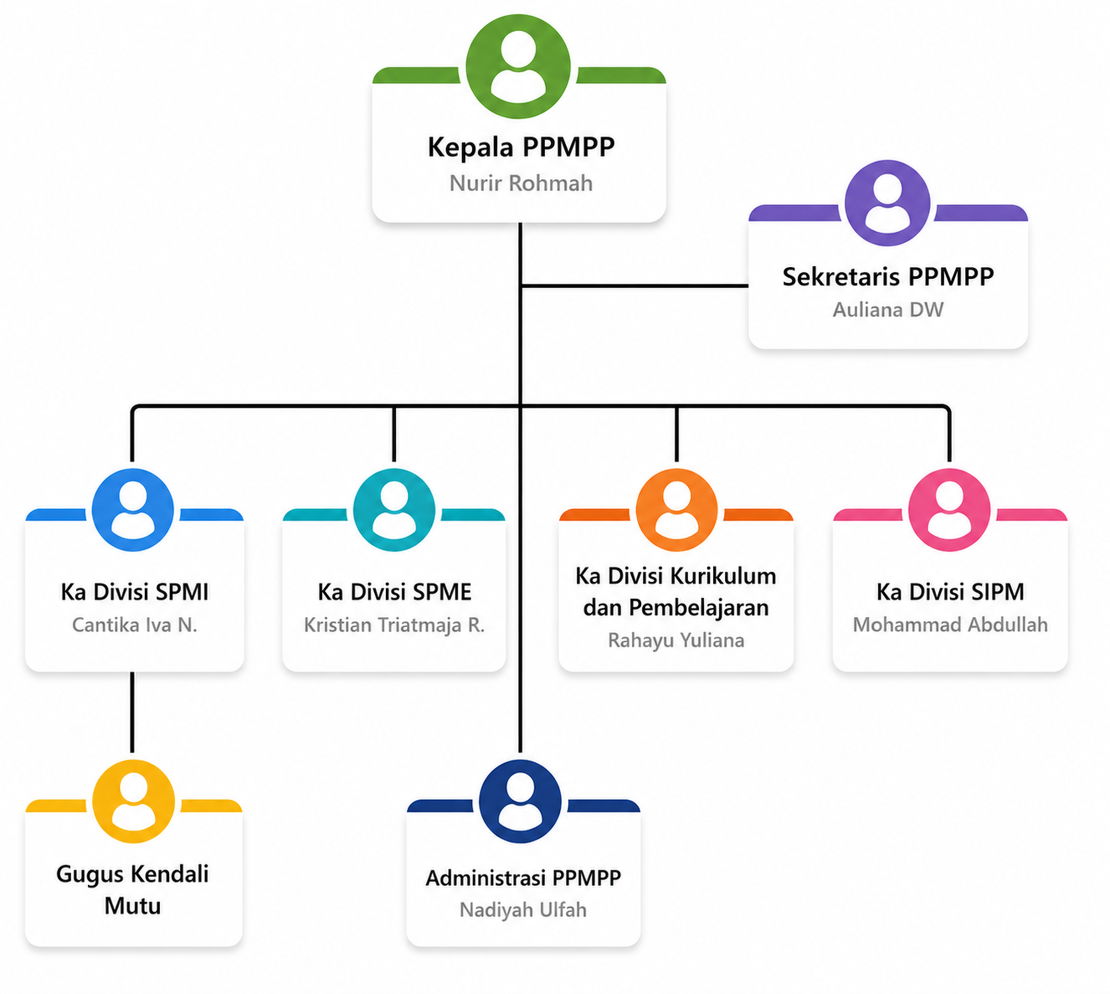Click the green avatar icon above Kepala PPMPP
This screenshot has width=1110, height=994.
pyautogui.click(x=518, y=67)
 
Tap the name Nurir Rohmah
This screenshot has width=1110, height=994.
pyautogui.click(x=521, y=183)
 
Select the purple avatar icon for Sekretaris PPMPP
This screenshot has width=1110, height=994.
pyautogui.click(x=887, y=203)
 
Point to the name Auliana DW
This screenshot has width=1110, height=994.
pyautogui.click(x=888, y=310)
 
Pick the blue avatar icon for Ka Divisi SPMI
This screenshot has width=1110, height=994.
pyautogui.click(x=133, y=510)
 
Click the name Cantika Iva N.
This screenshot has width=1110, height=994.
pyautogui.click(x=134, y=625)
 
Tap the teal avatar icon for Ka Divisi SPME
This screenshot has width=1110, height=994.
pyautogui.click(x=394, y=510)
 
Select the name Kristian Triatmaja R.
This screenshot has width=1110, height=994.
pyautogui.click(x=394, y=625)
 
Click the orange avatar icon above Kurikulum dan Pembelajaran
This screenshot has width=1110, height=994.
pyautogui.click(x=676, y=510)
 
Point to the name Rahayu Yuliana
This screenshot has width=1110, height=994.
pyautogui.click(x=676, y=640)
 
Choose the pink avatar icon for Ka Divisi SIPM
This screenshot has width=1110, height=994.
pyautogui.click(x=950, y=510)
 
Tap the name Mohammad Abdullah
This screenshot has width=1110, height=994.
pyautogui.click(x=950, y=625)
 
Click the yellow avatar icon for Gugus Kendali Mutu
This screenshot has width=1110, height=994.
pyautogui.click(x=133, y=801)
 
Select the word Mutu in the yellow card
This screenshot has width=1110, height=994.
pyautogui.click(x=133, y=906)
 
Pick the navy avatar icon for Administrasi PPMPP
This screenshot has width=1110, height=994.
pyautogui.click(x=520, y=801)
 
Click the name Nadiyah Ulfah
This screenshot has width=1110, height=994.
pyautogui.click(x=523, y=910)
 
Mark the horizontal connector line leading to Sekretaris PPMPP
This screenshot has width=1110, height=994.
pyautogui.click(x=634, y=286)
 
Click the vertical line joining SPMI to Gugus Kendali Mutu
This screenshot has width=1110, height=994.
pyautogui.click(x=132, y=712)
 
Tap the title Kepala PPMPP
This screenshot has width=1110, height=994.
pyautogui.click(x=521, y=147)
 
